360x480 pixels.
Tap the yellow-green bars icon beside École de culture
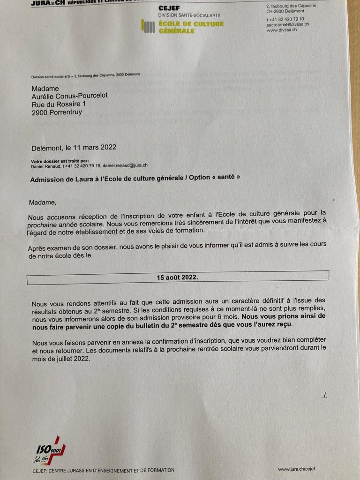tap(148, 27)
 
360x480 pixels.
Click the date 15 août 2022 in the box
tap(177, 277)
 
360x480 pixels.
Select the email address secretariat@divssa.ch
tap(287, 24)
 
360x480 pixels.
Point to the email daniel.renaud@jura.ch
tap(125, 165)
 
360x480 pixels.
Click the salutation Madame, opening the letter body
tap(42, 202)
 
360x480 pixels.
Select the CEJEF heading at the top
tap(169, 8)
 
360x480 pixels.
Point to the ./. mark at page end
tap(325, 396)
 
